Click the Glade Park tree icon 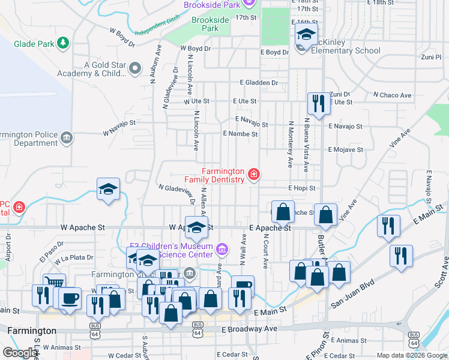click(62, 43)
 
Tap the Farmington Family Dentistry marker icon click(255, 175)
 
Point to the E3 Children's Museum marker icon click(222, 248)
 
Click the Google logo click(20, 353)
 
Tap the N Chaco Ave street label click(392, 95)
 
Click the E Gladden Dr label click(259, 83)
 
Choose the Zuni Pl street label click(431, 57)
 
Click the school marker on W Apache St click(197, 228)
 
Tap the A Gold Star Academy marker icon click(134, 70)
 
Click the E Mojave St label click(345, 149)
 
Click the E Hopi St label click(301, 188)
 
